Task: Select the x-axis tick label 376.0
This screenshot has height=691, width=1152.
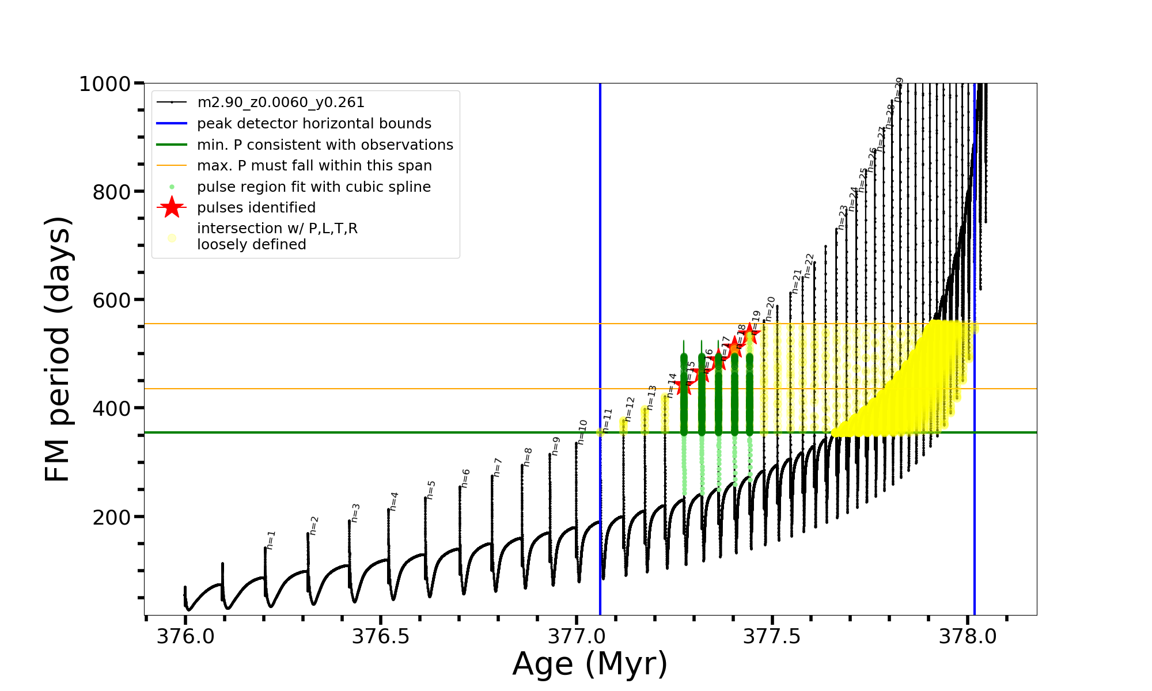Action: tap(185, 636)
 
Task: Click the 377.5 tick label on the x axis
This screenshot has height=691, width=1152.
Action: tap(772, 636)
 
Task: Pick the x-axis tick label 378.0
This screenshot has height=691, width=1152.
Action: tap(968, 636)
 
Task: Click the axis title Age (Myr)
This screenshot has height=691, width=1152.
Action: tap(590, 664)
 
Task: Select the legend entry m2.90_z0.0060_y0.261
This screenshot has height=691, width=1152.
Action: tap(281, 102)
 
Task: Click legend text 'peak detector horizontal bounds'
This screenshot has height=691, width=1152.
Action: tap(314, 124)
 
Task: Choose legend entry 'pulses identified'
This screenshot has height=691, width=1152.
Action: tap(256, 208)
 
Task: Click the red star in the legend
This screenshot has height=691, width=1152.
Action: tap(172, 207)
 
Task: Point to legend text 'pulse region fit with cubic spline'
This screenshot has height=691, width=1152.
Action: tap(314, 187)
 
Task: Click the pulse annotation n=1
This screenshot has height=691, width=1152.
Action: tap(271, 540)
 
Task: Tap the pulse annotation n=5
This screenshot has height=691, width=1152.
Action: tap(431, 490)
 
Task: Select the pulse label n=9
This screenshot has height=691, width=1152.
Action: tap(556, 446)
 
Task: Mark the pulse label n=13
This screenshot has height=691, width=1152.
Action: tap(651, 397)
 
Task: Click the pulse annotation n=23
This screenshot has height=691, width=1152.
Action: tap(843, 218)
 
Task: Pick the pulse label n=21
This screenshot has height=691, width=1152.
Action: tap(797, 282)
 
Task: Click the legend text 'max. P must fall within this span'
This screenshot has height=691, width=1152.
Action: tap(314, 166)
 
